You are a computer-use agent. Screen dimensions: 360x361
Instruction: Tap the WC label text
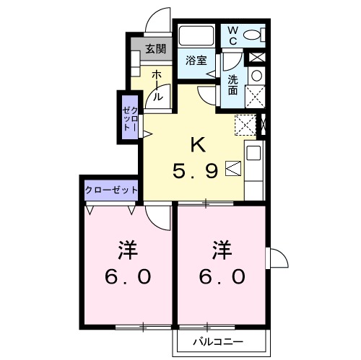point(233,34)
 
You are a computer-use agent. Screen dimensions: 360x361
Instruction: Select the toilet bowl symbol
point(253,34)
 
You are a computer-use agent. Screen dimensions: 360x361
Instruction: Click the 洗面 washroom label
point(233,85)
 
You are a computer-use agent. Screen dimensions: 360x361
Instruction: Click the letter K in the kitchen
point(197,144)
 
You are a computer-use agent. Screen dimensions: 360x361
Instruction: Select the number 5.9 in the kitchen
point(195,172)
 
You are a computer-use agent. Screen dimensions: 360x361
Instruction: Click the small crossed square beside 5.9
point(231,168)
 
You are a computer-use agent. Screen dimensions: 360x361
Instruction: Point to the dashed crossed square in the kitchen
point(245,124)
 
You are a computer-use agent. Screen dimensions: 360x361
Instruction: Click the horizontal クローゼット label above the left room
point(111,189)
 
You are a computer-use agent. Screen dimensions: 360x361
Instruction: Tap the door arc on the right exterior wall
point(275,258)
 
